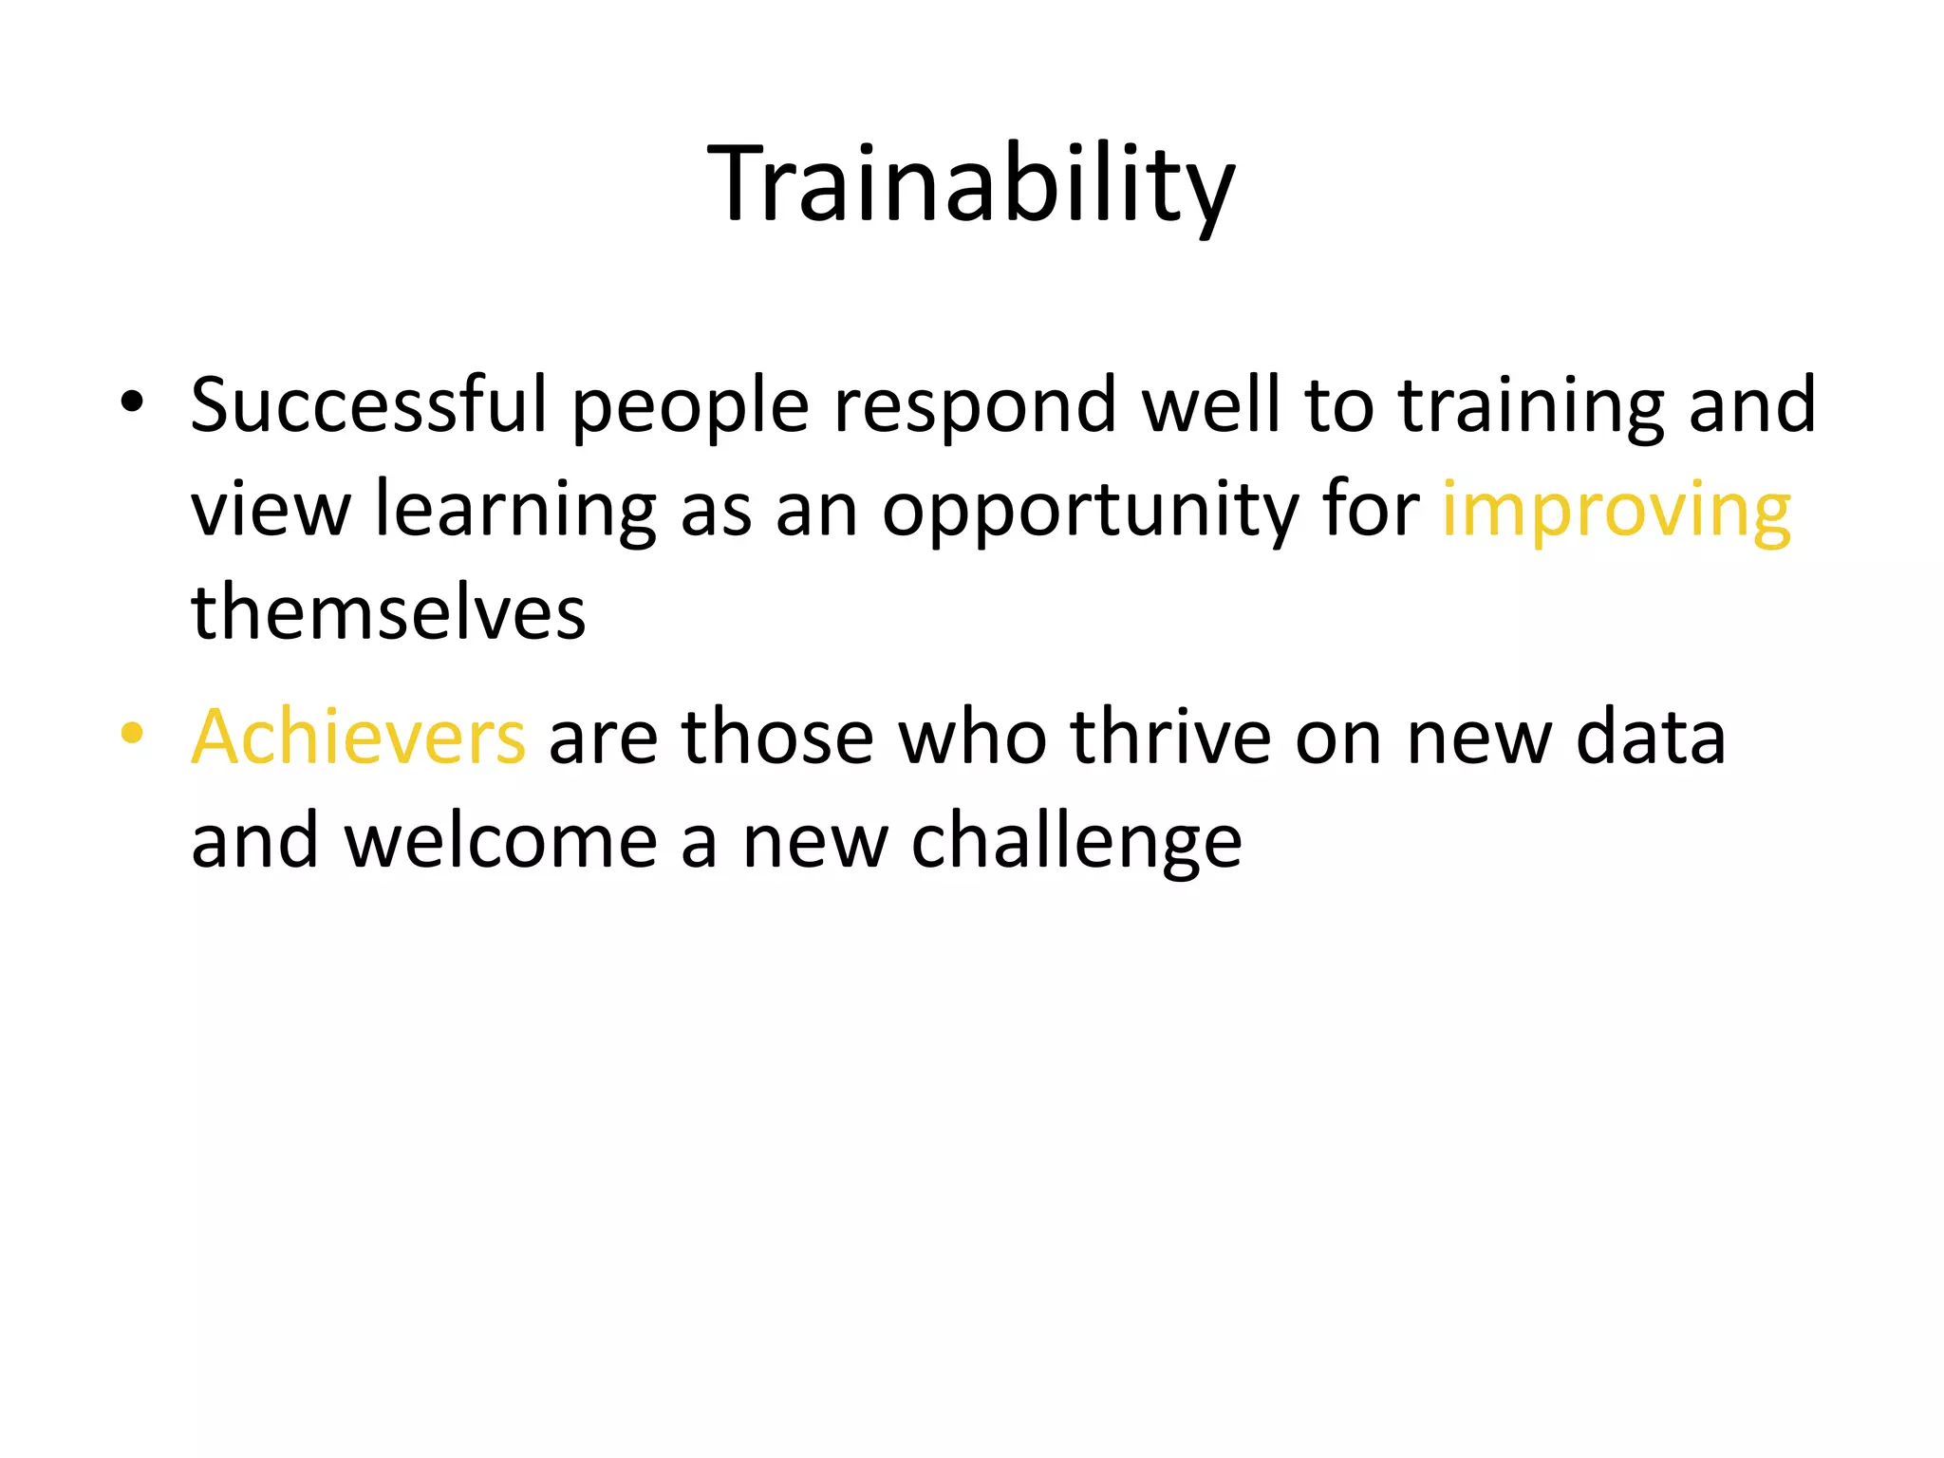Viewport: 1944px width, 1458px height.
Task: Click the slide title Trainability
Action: [971, 185]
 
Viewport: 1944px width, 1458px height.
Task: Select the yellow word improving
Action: [1616, 513]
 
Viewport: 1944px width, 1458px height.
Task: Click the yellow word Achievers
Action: [358, 738]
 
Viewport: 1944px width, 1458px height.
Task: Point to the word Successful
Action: [369, 406]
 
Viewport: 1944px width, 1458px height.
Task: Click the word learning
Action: [515, 513]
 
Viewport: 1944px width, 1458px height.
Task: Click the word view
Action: [271, 513]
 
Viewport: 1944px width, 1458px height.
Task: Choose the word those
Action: [777, 738]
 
